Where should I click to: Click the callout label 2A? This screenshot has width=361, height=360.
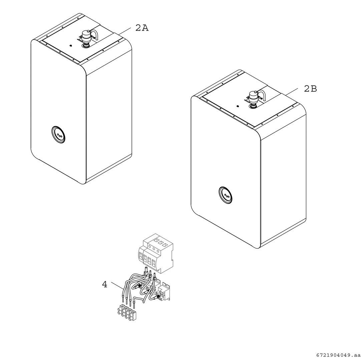(x=142, y=28)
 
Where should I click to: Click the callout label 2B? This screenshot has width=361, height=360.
(x=310, y=89)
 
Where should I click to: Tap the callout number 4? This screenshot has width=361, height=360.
(x=105, y=285)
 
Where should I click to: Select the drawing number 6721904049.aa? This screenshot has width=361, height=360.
(x=337, y=355)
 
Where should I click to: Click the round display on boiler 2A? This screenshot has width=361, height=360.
(x=58, y=135)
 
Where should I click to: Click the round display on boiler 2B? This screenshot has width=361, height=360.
(x=226, y=195)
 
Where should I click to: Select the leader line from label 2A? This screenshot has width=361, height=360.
(x=125, y=32)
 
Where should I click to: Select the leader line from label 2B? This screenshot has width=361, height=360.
(x=292, y=91)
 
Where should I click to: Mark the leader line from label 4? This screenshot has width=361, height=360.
(x=117, y=286)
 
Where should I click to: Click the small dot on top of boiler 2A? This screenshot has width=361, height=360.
(x=70, y=46)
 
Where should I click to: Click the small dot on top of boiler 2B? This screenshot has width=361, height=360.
(x=238, y=106)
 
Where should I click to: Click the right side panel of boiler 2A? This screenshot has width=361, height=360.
(x=109, y=120)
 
